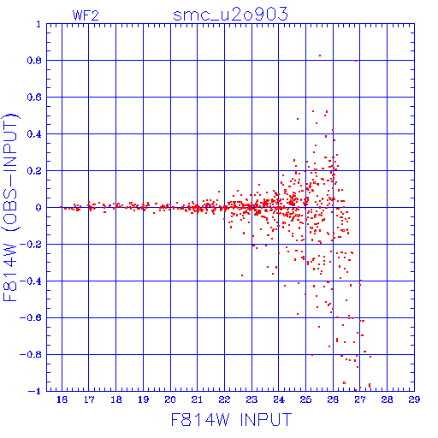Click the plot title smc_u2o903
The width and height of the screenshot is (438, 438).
[230, 15]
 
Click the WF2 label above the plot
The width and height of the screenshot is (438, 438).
[86, 15]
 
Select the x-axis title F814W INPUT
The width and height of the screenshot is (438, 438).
[231, 419]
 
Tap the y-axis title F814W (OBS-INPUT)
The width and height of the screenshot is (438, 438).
[10, 207]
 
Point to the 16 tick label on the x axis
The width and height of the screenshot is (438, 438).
[62, 400]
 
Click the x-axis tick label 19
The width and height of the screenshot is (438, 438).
[143, 400]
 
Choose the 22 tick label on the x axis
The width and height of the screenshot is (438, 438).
[224, 400]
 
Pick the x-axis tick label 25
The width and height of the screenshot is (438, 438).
[305, 400]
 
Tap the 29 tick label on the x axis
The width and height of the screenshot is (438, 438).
[414, 400]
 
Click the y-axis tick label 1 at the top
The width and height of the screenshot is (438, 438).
[38, 24]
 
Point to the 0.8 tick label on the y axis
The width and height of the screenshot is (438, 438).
[34, 61]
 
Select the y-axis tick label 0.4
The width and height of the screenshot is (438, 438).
[34, 134]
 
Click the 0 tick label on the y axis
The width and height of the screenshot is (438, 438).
[38, 208]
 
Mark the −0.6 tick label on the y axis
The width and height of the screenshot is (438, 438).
[31, 317]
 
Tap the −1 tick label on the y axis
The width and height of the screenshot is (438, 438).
[35, 391]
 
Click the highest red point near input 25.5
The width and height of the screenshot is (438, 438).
[320, 56]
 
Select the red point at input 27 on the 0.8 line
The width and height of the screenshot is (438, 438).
[356, 61]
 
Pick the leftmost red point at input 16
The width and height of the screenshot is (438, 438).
[61, 207]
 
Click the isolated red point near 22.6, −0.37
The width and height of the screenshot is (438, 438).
[242, 275]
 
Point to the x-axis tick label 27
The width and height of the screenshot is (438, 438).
[360, 400]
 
